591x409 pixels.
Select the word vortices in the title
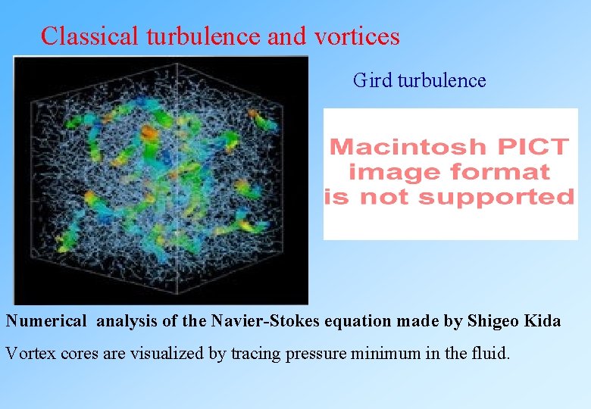356,36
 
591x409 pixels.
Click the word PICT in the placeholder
535,146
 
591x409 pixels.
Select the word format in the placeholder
502,172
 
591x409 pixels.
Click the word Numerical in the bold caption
46,321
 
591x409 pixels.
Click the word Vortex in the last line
29,352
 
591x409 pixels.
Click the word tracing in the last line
255,352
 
